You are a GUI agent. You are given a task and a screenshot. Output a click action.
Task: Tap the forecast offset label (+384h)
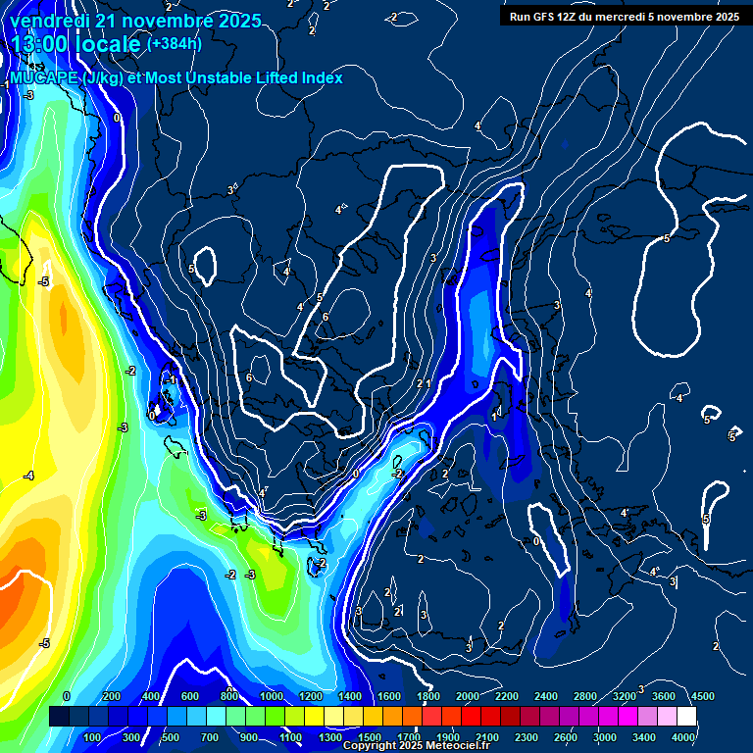click(x=176, y=44)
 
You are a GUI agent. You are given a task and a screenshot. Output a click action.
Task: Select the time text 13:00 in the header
click(x=39, y=44)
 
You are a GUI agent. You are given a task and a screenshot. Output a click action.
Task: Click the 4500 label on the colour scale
click(x=702, y=696)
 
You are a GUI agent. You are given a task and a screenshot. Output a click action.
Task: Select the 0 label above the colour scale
click(x=67, y=696)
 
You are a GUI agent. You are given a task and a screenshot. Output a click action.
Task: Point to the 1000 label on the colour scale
click(x=271, y=696)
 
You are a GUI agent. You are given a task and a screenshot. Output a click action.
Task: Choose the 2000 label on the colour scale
click(x=467, y=696)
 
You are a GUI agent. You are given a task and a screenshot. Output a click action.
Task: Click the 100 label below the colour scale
click(x=92, y=737)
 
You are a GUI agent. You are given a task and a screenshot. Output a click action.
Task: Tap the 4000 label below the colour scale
click(x=684, y=737)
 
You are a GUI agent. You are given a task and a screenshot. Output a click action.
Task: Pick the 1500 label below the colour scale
click(x=370, y=737)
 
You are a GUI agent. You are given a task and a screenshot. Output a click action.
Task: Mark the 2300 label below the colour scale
click(x=527, y=737)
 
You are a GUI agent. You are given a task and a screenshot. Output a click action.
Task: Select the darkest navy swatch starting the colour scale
click(x=59, y=717)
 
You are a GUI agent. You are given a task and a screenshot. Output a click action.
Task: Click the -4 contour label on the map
click(x=29, y=476)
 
